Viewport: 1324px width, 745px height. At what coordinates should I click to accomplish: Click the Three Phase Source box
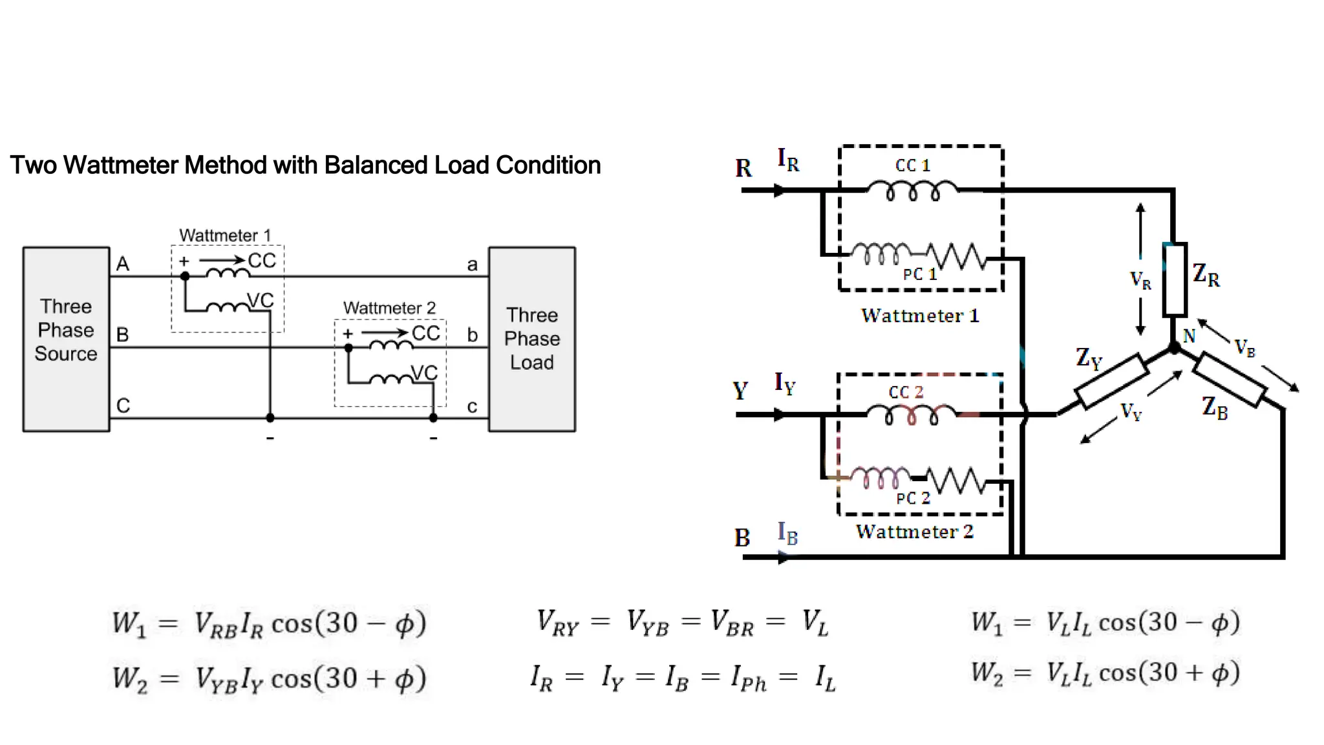tap(66, 339)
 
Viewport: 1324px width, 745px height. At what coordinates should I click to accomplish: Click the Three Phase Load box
tap(531, 339)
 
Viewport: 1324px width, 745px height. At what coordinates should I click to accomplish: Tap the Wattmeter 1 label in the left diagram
tap(225, 235)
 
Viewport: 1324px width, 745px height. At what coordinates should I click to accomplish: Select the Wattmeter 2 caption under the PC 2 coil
tap(914, 532)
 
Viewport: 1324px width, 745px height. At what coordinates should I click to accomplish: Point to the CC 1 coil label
tap(912, 166)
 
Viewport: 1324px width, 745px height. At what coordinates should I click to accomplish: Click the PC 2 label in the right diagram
tap(912, 498)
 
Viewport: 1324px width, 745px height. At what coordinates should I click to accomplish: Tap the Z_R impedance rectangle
tap(1175, 279)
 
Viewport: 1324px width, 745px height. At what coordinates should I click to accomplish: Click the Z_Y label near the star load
tap(1089, 358)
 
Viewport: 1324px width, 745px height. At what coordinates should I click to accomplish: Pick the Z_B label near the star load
tap(1214, 407)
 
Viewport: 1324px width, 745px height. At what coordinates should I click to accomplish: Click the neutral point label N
tap(1189, 336)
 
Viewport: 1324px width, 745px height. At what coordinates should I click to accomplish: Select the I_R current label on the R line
tap(787, 159)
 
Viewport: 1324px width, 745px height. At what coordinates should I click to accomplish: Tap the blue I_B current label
tap(787, 534)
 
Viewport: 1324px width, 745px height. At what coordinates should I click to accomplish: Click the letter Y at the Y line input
tap(740, 391)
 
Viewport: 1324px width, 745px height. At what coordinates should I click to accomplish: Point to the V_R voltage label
tap(1140, 280)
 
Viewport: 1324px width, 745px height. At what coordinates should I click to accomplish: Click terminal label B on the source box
tap(122, 334)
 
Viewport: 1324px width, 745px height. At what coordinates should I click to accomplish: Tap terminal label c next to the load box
tap(472, 407)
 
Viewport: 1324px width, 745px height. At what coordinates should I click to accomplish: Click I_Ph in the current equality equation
tap(748, 678)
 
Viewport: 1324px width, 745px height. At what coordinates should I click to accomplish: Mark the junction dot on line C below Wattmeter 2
tap(433, 418)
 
